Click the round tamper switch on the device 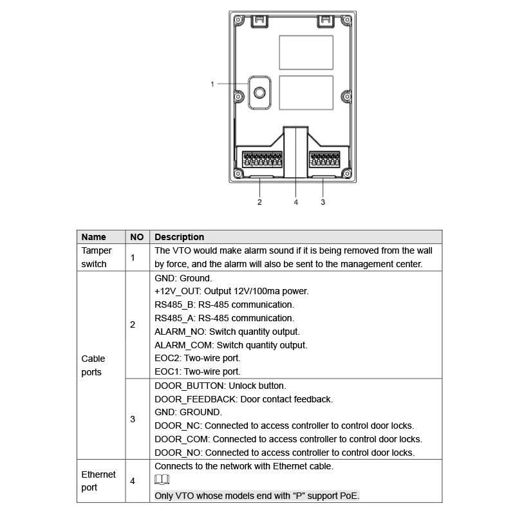tap(259, 92)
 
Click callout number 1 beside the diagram tap(212, 84)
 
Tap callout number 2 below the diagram tap(259, 202)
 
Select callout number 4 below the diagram tap(296, 202)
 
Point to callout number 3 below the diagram tap(323, 202)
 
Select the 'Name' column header tap(94, 237)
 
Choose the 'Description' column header tap(180, 237)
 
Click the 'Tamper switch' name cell tap(97, 257)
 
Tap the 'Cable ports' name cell tap(93, 365)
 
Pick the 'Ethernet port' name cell tap(98, 480)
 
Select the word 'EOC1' tap(167, 371)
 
